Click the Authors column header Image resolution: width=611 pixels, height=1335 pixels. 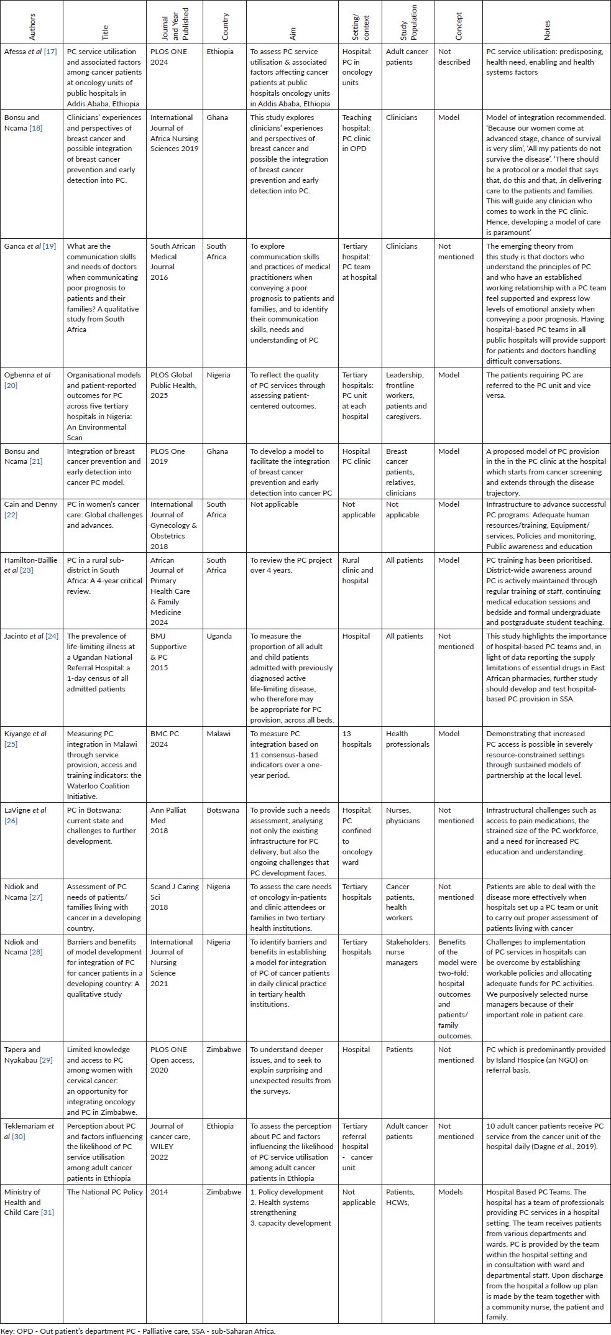[x=32, y=27]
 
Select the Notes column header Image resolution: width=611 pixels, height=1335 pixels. [x=546, y=30]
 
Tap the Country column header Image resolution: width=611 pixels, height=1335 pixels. [x=225, y=27]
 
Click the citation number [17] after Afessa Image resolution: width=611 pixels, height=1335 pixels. [x=50, y=52]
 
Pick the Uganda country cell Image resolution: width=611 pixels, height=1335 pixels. [x=219, y=637]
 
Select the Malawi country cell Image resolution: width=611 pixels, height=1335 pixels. [x=219, y=734]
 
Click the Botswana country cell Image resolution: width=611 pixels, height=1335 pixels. [x=223, y=811]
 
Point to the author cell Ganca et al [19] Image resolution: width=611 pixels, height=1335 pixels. [x=30, y=247]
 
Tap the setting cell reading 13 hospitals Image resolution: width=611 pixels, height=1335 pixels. [x=356, y=739]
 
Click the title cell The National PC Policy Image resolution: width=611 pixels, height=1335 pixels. [x=104, y=1193]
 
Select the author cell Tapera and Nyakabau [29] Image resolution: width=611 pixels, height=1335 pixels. [x=29, y=1055]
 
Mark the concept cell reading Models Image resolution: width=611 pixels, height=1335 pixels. [x=450, y=1193]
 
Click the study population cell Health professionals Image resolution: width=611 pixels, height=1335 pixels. [x=407, y=739]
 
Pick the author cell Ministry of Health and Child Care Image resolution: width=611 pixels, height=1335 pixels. [x=29, y=1203]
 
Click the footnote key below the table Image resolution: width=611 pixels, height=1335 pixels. [x=137, y=1331]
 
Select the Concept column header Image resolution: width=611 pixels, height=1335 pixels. [x=459, y=27]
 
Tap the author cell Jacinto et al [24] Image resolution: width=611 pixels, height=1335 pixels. [x=31, y=637]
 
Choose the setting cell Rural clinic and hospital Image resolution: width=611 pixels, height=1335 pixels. [x=357, y=571]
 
